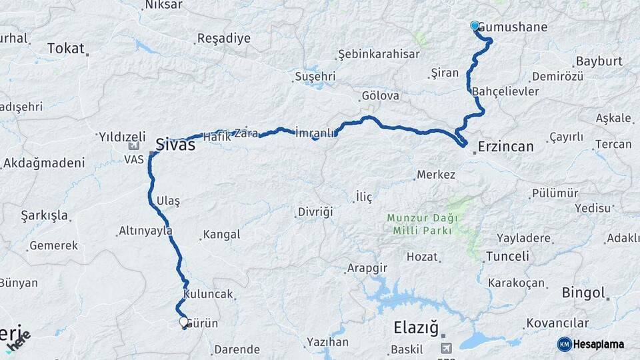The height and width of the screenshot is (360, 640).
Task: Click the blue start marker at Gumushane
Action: pyautogui.click(x=475, y=26)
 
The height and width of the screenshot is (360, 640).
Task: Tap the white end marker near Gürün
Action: pyautogui.click(x=184, y=322)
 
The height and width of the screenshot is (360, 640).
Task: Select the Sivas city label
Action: pyautogui.click(x=175, y=143)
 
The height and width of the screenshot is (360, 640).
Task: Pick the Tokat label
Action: pyautogui.click(x=66, y=48)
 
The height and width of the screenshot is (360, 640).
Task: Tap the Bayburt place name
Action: pyautogui.click(x=597, y=61)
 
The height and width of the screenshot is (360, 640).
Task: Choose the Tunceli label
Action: pyautogui.click(x=507, y=257)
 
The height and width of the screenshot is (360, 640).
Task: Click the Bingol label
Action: pyautogui.click(x=583, y=292)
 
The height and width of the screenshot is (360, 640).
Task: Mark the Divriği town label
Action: pyautogui.click(x=315, y=212)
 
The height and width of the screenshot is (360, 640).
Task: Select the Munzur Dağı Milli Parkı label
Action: pyautogui.click(x=419, y=224)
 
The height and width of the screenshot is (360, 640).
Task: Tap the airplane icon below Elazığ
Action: pyautogui.click(x=446, y=347)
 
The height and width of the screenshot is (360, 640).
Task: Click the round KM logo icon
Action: pyautogui.click(x=565, y=344)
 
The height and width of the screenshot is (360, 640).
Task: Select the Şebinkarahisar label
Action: pyautogui.click(x=379, y=54)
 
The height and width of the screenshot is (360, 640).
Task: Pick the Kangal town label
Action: pyautogui.click(x=221, y=235)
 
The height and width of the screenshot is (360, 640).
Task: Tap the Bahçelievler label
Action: pyautogui.click(x=505, y=91)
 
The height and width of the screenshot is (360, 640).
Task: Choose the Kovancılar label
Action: pyautogui.click(x=557, y=323)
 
